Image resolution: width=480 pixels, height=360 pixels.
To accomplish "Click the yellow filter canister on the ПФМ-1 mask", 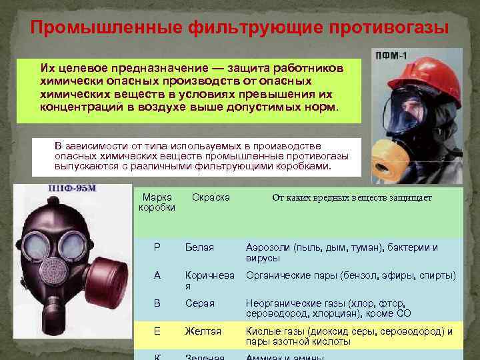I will [394, 159].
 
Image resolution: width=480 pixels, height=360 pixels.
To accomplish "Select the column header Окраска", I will [211, 197].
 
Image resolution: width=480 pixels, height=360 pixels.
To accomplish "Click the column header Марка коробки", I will [157, 203].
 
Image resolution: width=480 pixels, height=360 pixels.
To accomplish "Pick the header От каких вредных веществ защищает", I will [351, 198].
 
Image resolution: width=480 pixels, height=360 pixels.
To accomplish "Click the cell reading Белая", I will [199, 248].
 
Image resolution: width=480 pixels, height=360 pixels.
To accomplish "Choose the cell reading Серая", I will [200, 303].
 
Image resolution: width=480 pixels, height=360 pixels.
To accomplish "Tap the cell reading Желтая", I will [203, 331].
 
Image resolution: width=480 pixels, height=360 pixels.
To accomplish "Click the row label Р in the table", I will [157, 248].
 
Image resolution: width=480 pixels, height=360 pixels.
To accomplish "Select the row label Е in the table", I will [157, 331].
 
